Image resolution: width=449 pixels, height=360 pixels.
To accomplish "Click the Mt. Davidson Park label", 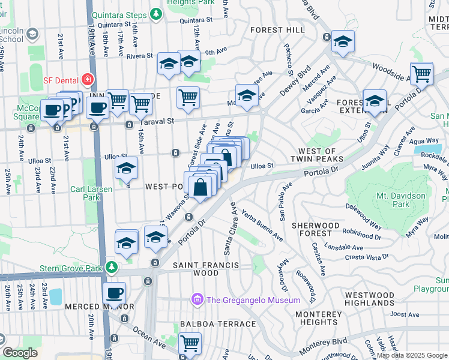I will coord(402,200).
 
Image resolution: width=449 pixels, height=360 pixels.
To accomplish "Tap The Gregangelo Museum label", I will coord(253,300).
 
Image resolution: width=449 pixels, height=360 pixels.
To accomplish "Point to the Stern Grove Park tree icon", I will coord(111,266).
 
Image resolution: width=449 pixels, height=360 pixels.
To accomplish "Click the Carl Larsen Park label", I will coord(83,192).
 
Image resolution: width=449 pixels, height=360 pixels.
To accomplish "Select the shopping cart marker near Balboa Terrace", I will coord(190,343).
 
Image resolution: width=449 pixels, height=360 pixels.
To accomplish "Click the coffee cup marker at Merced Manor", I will coord(114,293).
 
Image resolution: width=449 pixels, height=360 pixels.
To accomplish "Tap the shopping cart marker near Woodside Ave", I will coord(422,73).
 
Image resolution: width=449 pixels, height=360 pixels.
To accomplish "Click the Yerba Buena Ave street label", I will coord(263,225).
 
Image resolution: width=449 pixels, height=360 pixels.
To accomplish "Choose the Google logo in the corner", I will coord(20,353).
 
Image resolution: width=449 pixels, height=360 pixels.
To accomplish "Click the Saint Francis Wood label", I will coord(206,269).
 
